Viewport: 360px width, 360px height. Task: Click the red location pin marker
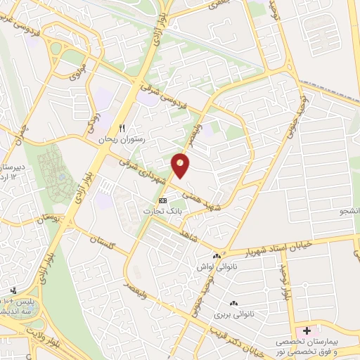pos(181,165)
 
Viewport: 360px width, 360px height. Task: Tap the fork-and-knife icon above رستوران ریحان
pos(122,129)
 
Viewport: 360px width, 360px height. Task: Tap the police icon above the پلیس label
pos(14,290)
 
